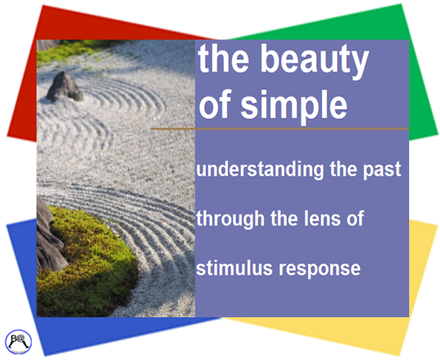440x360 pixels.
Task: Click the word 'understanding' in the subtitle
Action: click(x=251, y=170)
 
